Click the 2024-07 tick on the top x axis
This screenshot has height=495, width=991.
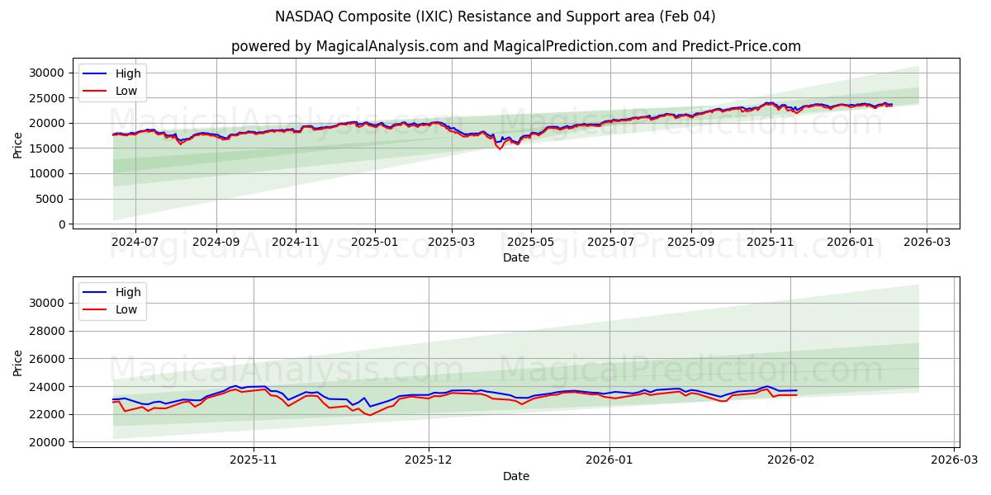(x=135, y=242)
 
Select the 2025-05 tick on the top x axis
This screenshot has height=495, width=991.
(x=530, y=242)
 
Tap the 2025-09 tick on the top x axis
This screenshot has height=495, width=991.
(x=690, y=242)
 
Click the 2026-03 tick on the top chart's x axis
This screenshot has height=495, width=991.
(x=926, y=242)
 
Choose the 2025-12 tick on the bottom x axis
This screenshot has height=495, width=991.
(x=429, y=460)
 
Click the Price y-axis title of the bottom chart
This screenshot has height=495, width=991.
(x=18, y=362)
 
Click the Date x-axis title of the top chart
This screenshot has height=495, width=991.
(x=515, y=257)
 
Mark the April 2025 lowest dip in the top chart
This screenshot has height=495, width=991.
(x=500, y=148)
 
